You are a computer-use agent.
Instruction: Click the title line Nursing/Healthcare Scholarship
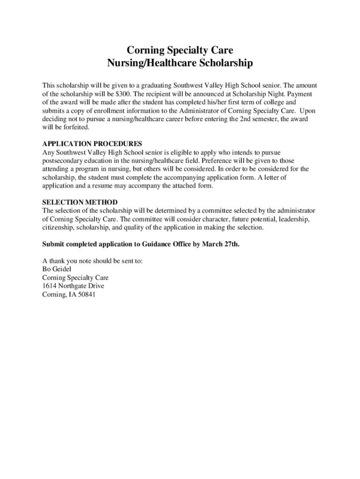[x=180, y=63]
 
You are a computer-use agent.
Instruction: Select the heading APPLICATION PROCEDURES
[x=92, y=144]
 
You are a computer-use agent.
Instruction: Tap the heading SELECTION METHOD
[x=80, y=203]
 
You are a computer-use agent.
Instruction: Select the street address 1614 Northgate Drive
[x=73, y=286]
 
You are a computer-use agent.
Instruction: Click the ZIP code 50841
[x=86, y=294]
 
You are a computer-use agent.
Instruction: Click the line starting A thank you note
[x=92, y=261]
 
